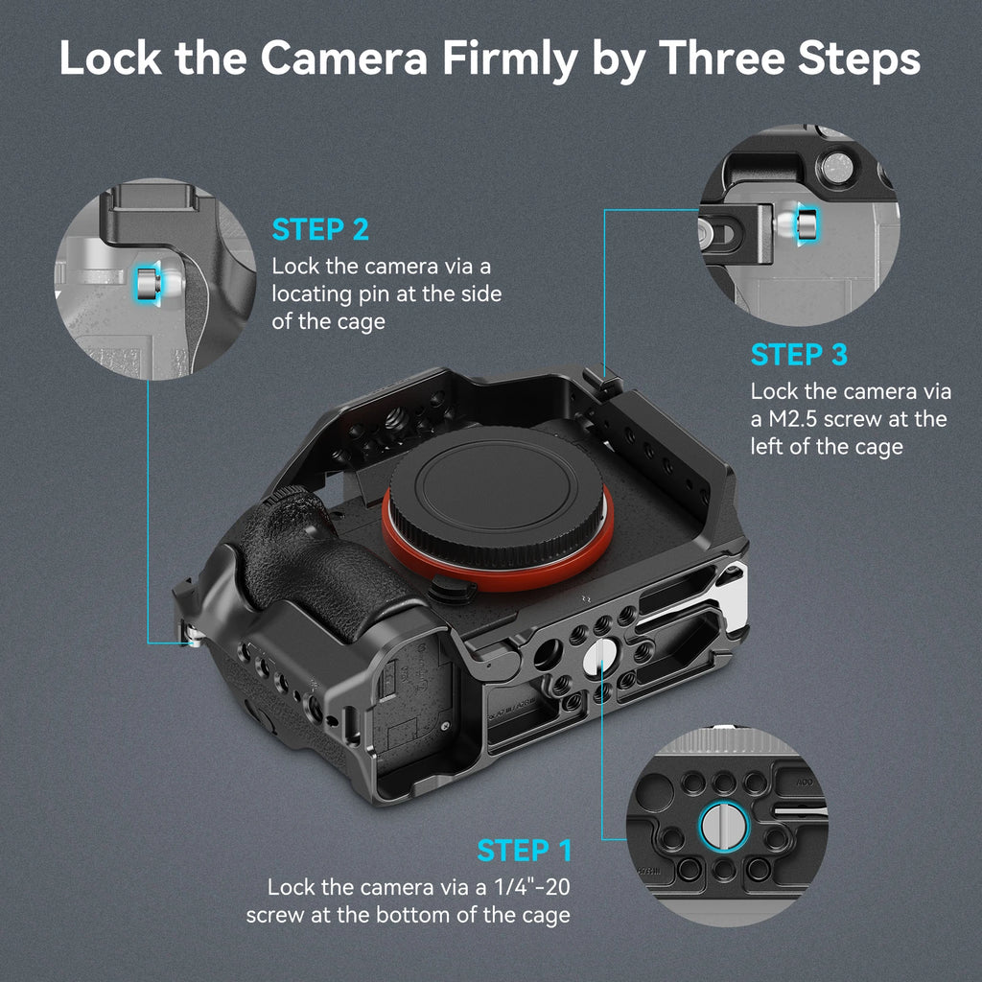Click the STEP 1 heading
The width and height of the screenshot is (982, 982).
point(525,851)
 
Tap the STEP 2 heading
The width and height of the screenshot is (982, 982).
point(320,230)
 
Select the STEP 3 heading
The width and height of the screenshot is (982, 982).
point(799,355)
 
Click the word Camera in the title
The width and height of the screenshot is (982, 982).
point(343,58)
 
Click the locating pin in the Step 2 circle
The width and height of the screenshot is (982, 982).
point(148,283)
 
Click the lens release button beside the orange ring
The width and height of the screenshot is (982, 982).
point(448,589)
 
